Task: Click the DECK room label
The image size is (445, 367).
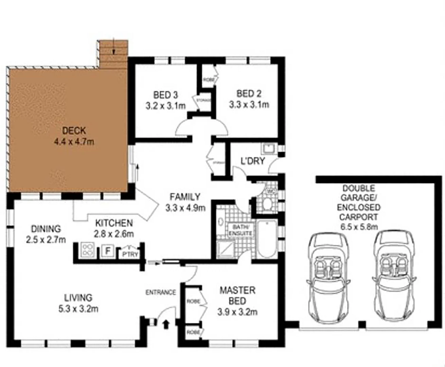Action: point(74,130)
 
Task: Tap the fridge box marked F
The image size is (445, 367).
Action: point(108,251)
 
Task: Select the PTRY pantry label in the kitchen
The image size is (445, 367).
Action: point(130,254)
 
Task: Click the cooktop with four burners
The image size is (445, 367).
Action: point(88,250)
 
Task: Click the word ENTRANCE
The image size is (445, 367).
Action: point(161,292)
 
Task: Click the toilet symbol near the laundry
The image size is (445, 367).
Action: point(267,204)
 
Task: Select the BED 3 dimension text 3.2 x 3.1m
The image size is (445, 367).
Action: point(165,106)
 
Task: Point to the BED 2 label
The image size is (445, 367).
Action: point(249,93)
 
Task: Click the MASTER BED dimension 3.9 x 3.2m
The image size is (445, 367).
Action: point(237,312)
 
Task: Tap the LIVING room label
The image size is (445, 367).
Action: point(78,298)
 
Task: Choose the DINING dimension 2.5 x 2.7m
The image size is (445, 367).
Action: point(46,240)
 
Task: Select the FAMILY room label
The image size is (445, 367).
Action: point(185,197)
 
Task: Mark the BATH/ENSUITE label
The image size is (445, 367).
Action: point(241,230)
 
